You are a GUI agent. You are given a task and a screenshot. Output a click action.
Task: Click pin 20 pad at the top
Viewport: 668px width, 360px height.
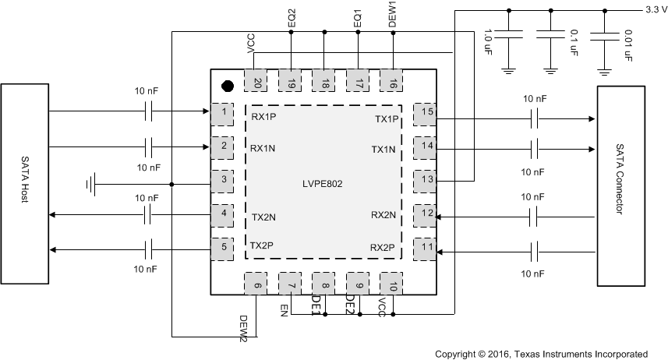click(x=256, y=81)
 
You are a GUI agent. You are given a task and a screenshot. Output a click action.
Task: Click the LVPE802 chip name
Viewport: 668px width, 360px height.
click(x=323, y=184)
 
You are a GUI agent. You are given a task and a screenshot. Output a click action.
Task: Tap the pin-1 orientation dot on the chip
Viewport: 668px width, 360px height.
click(x=228, y=86)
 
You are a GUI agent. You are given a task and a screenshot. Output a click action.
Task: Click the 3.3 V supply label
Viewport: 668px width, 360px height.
click(x=655, y=9)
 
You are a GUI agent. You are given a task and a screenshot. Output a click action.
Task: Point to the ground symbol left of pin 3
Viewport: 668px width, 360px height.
click(x=94, y=185)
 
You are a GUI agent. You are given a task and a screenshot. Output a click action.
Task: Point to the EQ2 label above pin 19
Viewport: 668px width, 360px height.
click(x=291, y=18)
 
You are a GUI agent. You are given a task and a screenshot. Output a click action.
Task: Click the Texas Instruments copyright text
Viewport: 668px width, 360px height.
click(x=541, y=353)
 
